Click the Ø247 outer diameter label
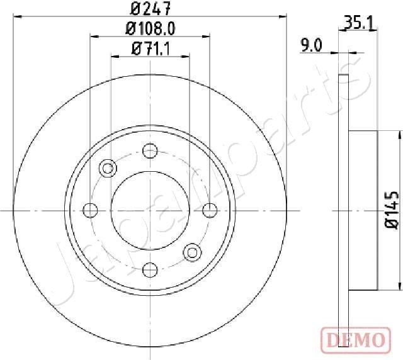tap(150, 8)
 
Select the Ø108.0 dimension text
tap(150, 28)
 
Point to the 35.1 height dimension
tap(361, 23)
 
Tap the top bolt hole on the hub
tap(150, 150)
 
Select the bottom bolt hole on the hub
tap(150, 269)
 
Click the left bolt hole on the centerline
tap(91, 210)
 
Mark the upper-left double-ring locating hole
tap(108, 168)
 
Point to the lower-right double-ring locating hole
tap(191, 252)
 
